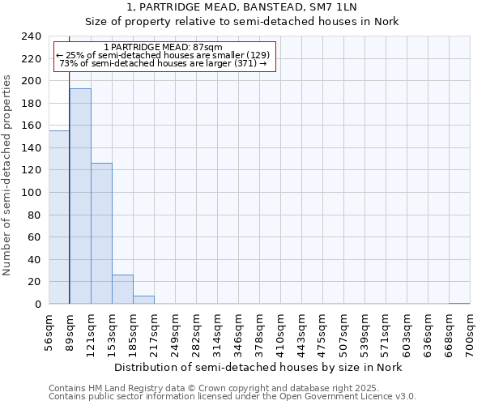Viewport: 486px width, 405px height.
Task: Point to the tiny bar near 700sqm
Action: click(459, 303)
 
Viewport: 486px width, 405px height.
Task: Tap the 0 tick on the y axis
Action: click(37, 305)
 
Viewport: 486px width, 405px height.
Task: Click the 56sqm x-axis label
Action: click(49, 332)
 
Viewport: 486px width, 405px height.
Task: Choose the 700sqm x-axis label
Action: click(470, 332)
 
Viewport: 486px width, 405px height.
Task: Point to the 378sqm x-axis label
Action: click(259, 332)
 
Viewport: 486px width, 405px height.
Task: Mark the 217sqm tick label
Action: click(154, 332)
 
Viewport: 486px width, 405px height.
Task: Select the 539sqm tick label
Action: click(364, 332)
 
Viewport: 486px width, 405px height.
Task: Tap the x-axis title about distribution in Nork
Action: click(258, 367)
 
